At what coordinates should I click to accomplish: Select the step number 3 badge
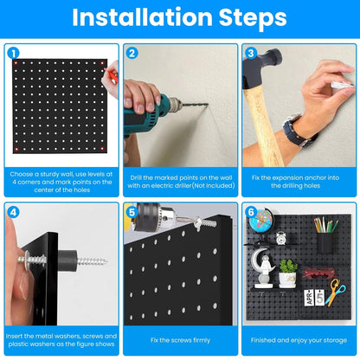(x=251, y=53)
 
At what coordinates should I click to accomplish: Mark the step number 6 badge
(x=251, y=212)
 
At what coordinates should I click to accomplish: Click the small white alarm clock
(x=282, y=238)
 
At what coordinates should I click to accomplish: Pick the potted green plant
(x=287, y=273)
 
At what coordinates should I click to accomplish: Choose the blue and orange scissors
(x=334, y=291)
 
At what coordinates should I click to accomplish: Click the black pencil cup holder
(x=325, y=241)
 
